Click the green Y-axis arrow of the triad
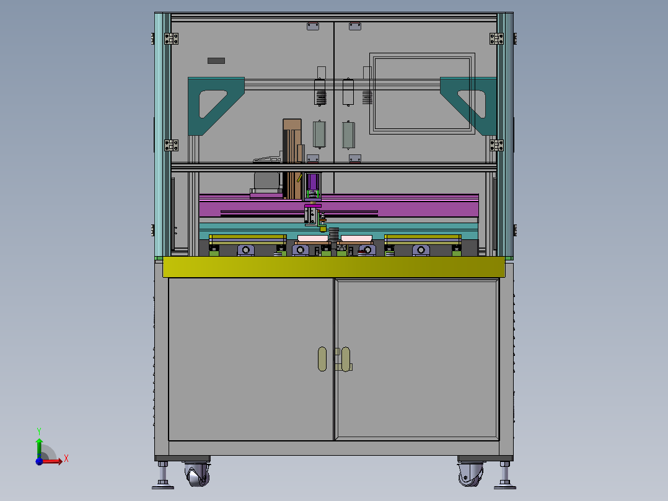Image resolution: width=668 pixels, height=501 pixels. tap(39, 448)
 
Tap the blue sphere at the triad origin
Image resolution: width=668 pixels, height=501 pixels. tap(39, 461)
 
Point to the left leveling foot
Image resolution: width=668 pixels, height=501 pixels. tap(163, 475)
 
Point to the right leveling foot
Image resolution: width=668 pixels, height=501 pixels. tap(505, 475)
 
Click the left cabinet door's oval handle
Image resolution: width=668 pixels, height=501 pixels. tap(322, 359)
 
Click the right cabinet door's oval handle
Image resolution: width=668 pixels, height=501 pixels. tap(346, 359)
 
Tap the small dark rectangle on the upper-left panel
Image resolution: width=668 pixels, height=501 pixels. tap(216, 61)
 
